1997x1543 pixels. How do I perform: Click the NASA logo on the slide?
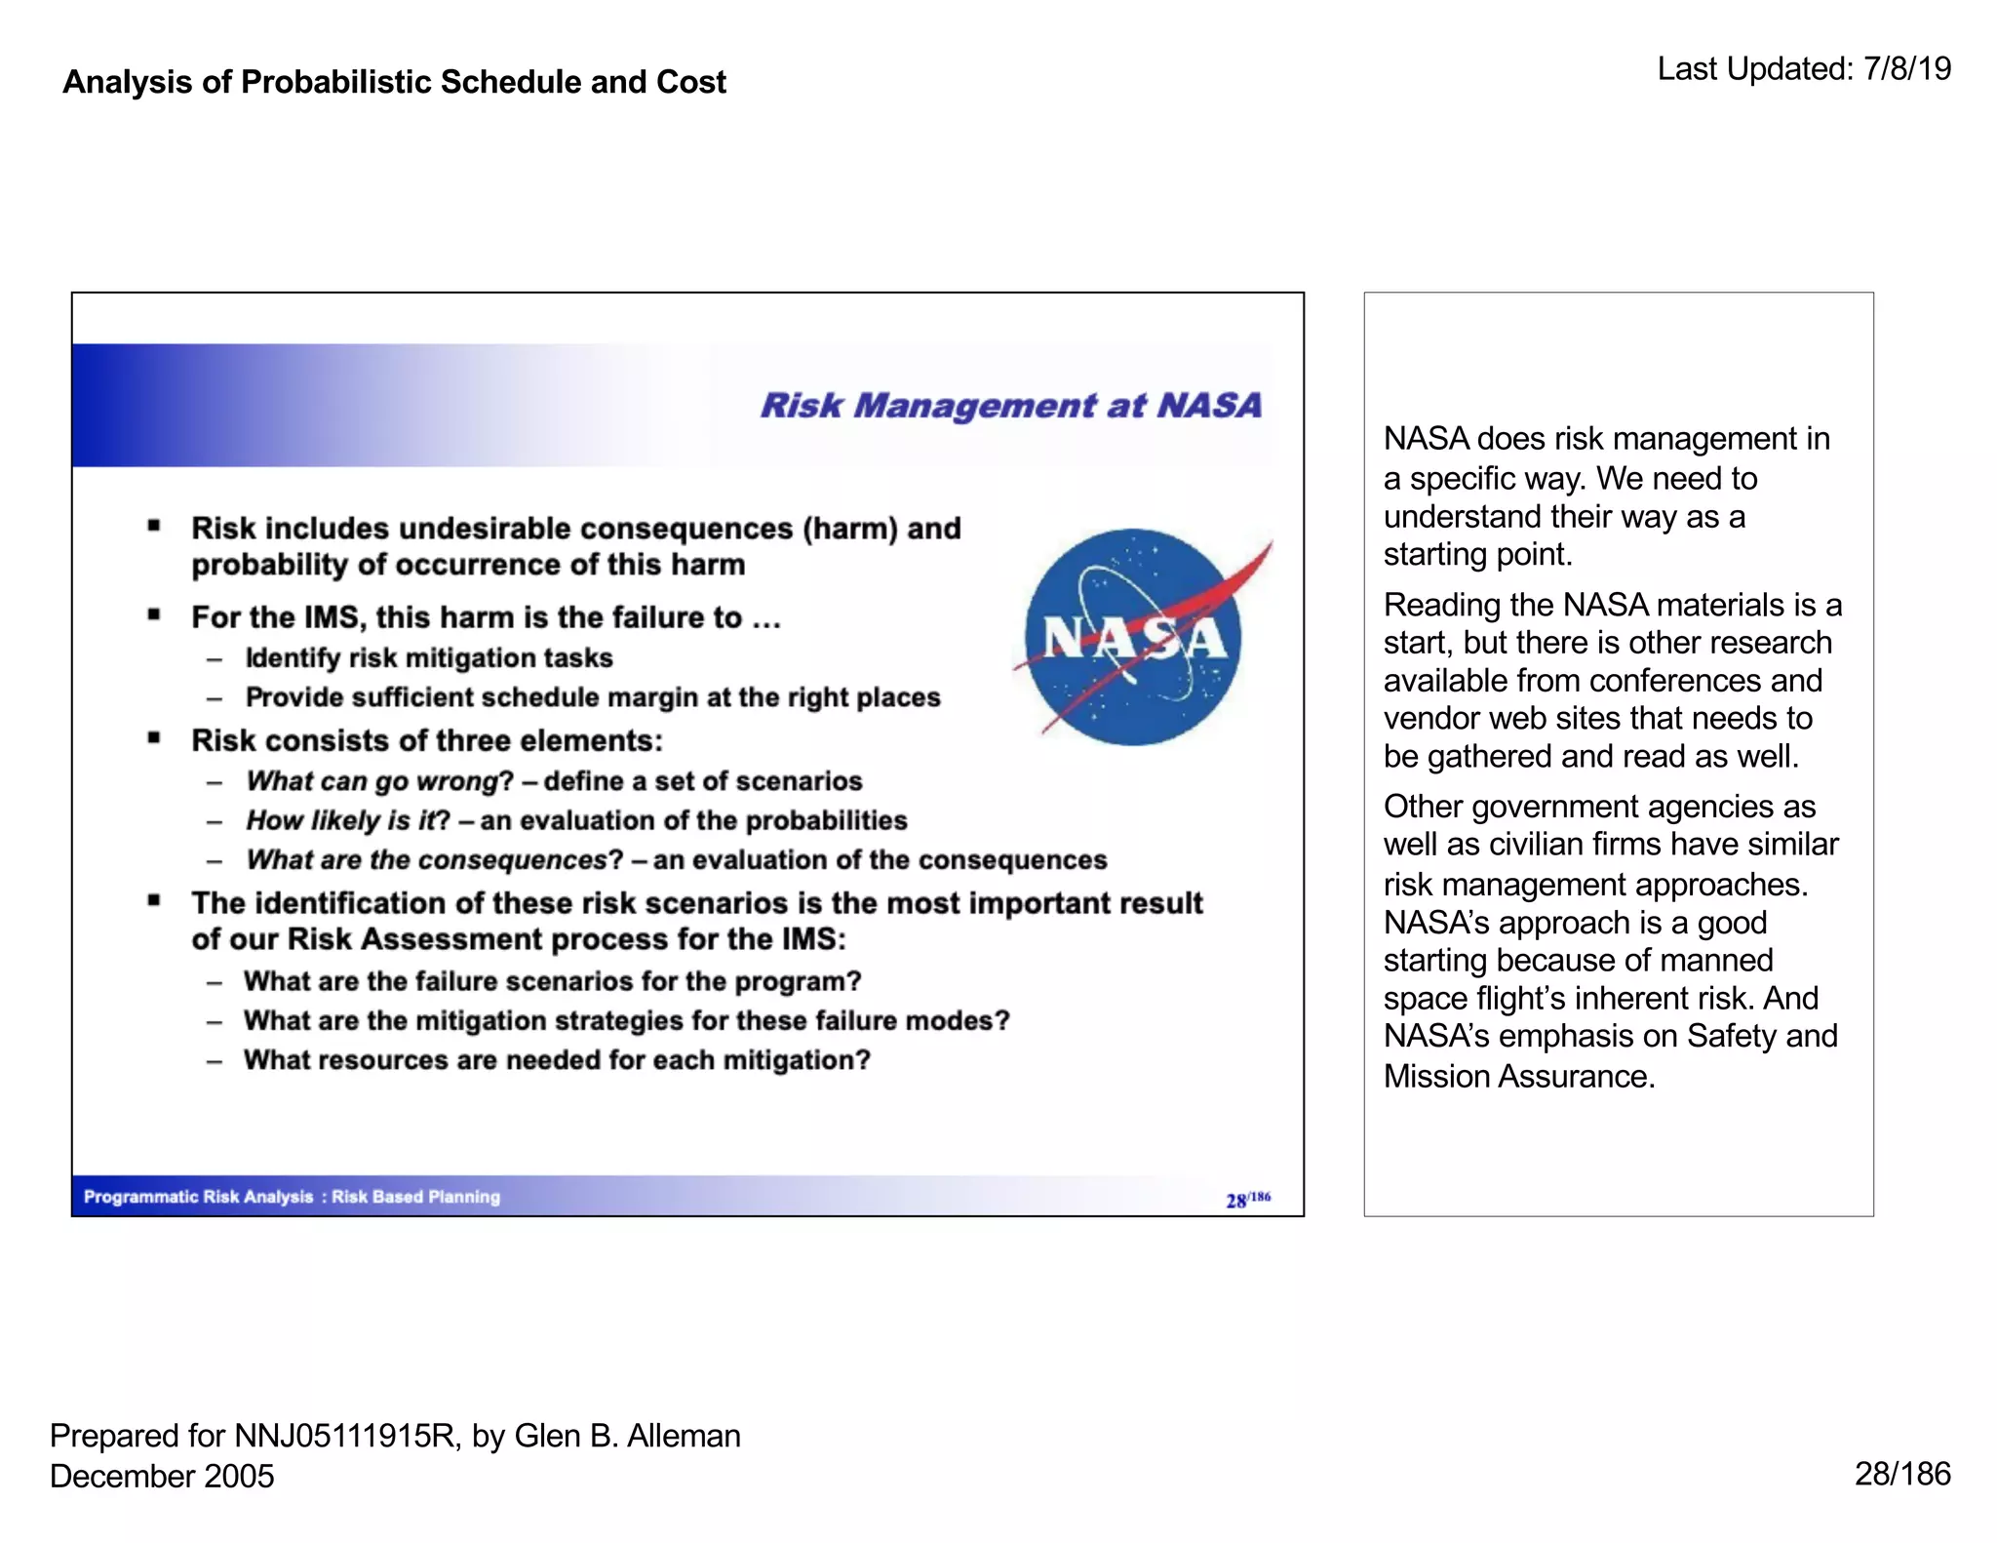click(x=1133, y=638)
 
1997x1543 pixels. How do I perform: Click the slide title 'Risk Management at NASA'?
click(x=1010, y=405)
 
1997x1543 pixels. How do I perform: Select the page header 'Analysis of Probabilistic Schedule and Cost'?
click(x=394, y=82)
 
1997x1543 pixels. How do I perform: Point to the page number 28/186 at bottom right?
click(x=1901, y=1473)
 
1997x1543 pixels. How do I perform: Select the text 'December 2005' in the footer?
click(x=162, y=1476)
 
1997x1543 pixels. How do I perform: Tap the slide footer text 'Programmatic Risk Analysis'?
click(x=198, y=1197)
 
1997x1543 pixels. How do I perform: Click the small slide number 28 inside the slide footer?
click(x=1235, y=1201)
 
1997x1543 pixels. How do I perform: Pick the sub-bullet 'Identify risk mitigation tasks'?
click(x=429, y=658)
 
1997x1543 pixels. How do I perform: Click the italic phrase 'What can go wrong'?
click(x=372, y=781)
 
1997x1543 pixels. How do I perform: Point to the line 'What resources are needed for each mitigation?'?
click(x=557, y=1060)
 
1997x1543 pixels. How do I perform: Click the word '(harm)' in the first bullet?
click(x=849, y=529)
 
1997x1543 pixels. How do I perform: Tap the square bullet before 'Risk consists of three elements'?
click(x=154, y=738)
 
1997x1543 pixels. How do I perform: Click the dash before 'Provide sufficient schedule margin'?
click(x=215, y=698)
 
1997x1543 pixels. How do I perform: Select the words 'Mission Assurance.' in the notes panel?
click(x=1518, y=1076)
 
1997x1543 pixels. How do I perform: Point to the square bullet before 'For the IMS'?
click(x=154, y=614)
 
